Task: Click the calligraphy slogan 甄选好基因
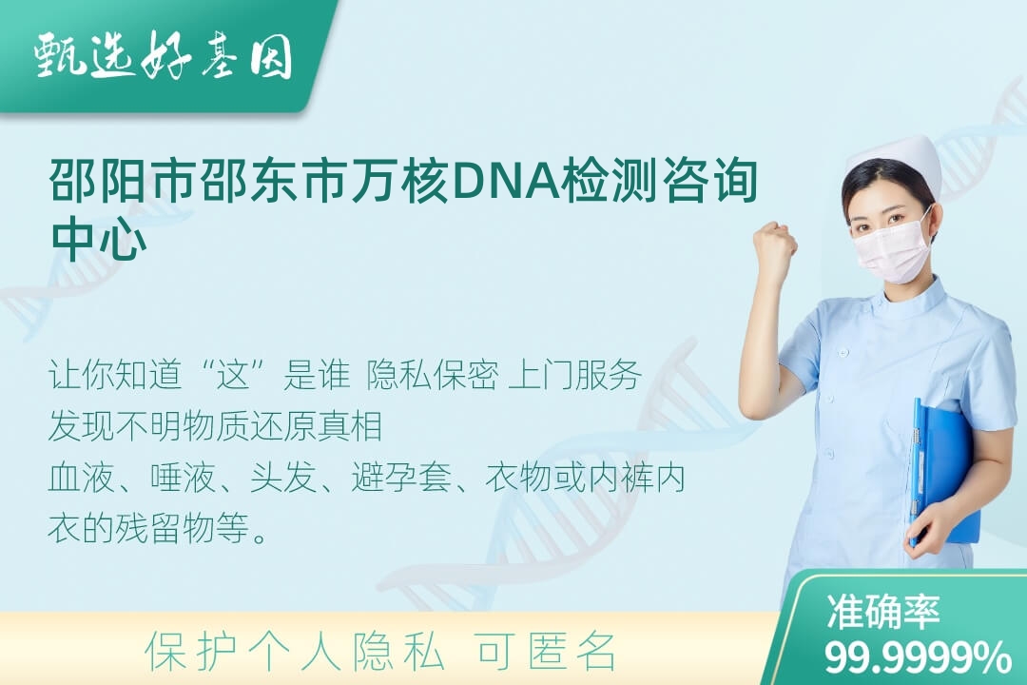164,56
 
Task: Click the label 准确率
882,613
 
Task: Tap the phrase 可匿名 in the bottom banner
546,652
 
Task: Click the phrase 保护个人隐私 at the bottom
295,652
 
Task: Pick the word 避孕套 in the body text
401,478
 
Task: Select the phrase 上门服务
574,375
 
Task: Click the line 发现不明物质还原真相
215,426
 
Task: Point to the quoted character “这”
235,375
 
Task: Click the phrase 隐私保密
433,375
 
